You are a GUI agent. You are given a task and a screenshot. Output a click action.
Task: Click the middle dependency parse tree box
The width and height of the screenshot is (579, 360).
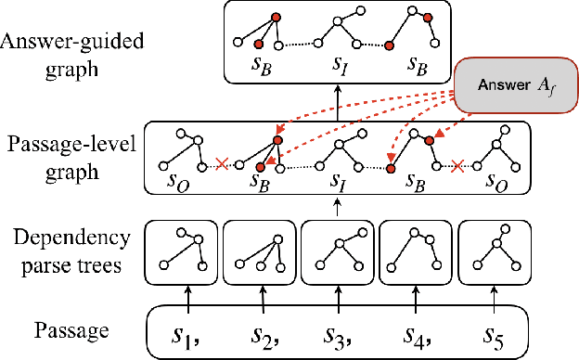click(338, 250)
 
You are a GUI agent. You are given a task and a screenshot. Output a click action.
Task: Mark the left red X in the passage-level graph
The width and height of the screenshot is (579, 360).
click(221, 165)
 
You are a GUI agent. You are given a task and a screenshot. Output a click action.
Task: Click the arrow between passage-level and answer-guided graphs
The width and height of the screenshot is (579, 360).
click(338, 101)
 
